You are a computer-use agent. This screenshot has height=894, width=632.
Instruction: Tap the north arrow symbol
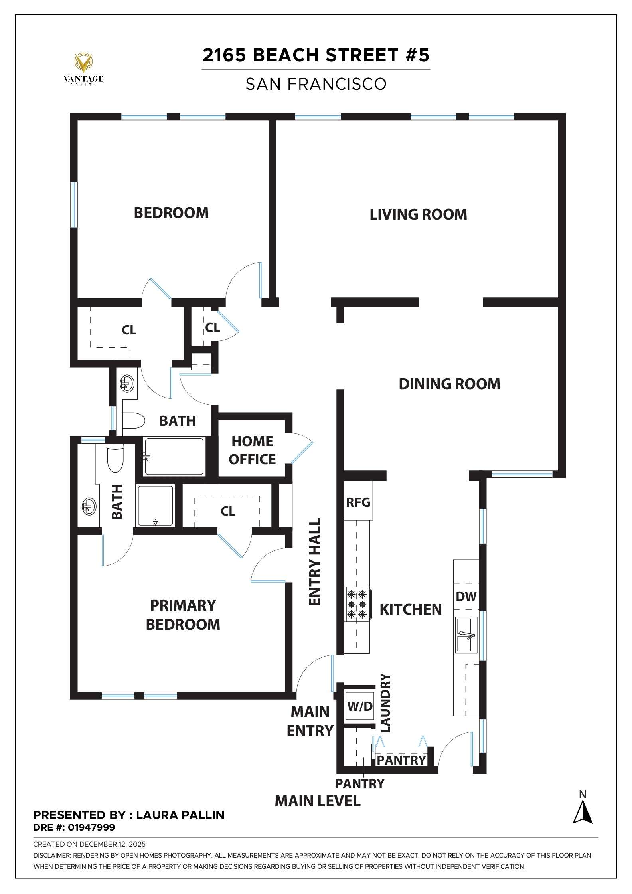tap(583, 813)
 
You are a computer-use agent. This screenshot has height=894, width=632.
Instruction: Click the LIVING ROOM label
tap(418, 214)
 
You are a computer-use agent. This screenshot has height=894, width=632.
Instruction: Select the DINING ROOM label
tap(449, 384)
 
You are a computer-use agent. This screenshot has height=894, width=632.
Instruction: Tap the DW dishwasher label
tap(466, 596)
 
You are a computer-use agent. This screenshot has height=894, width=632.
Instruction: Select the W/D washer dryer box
tap(359, 706)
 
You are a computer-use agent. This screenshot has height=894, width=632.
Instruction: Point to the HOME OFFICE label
tap(252, 450)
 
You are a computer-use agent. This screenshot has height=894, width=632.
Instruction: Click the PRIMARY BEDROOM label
tap(183, 615)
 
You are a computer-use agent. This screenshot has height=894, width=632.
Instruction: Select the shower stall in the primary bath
tap(155, 506)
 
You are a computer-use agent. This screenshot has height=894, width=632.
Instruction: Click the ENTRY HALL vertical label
tap(315, 562)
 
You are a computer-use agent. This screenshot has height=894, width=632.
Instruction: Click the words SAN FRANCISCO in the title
tap(316, 84)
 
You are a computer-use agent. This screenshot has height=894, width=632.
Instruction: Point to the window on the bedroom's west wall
tap(73, 205)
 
